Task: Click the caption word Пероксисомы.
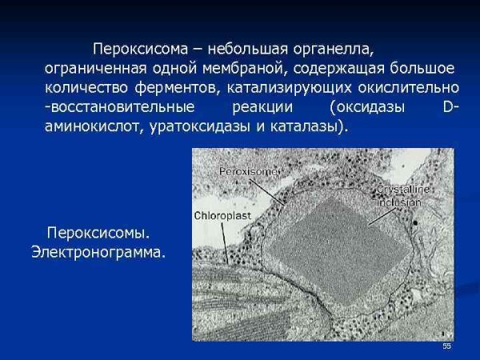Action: [x=98, y=234]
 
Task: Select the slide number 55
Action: [x=446, y=346]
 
